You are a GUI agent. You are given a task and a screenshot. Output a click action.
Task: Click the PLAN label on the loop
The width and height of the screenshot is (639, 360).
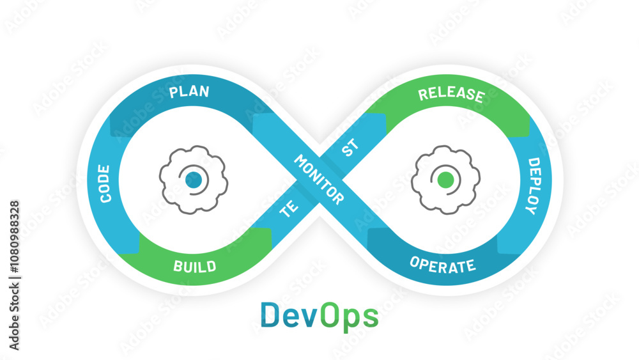point(189,91)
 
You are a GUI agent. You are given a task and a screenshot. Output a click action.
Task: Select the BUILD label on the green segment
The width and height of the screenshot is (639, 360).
point(194,266)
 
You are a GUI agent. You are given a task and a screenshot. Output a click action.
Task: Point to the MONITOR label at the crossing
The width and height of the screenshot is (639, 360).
point(319,180)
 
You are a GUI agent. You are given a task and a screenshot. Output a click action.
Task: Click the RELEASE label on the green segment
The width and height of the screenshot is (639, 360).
point(450,95)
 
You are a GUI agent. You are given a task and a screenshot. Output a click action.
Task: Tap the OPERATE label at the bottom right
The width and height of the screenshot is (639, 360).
point(442,265)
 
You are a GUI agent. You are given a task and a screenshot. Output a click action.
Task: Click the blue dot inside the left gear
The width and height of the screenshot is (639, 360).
point(194,180)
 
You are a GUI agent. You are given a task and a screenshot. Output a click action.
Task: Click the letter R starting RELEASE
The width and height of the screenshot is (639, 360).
point(423,95)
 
